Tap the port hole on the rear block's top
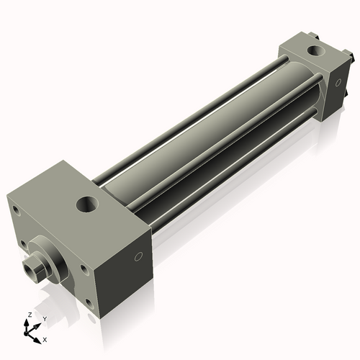coord(315,50)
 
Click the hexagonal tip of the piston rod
coord(31,271)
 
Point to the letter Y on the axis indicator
coord(44,318)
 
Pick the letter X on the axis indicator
coord(45,338)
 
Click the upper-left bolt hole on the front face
coord(14,211)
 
